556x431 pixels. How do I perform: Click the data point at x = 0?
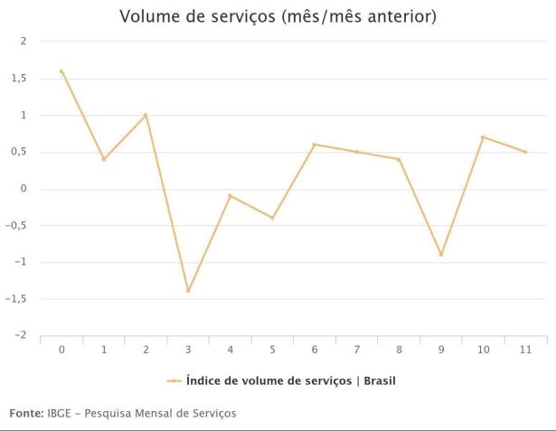(x=61, y=71)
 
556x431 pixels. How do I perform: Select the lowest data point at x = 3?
(x=188, y=291)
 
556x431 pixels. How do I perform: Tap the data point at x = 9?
(x=441, y=255)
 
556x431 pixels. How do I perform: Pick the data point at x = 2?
(x=146, y=115)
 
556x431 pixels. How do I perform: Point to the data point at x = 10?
(x=484, y=137)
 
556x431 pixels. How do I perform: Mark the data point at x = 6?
(x=315, y=145)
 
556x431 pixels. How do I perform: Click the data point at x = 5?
(x=272, y=218)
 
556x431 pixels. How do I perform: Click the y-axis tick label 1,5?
(x=19, y=79)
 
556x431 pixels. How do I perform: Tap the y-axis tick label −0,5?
(x=16, y=225)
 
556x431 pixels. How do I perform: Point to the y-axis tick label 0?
(x=24, y=189)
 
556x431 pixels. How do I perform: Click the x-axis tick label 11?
(x=525, y=350)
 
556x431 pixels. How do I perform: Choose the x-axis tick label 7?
(x=356, y=350)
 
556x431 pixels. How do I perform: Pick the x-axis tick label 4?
(x=231, y=350)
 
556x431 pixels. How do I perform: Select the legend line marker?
(x=174, y=381)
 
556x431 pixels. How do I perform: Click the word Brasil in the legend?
(x=375, y=381)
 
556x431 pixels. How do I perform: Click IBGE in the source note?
(x=58, y=413)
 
